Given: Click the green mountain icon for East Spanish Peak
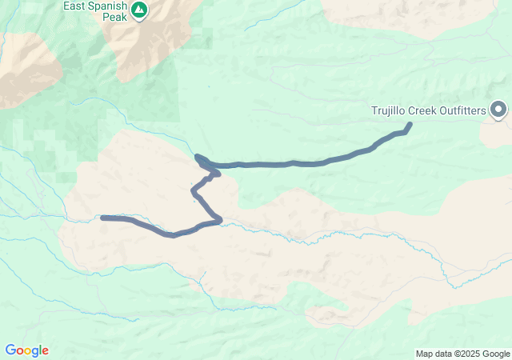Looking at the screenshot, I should (x=139, y=10).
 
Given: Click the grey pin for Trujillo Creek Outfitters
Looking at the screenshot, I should (x=498, y=110).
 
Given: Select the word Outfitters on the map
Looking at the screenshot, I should (x=462, y=110).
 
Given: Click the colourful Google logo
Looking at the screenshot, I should (x=26, y=350).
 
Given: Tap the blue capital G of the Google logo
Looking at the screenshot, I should (x=10, y=350).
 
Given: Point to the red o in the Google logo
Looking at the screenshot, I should (x=19, y=351).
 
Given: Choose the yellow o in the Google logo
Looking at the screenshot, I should (x=27, y=351).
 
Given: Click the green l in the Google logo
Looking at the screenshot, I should (x=41, y=350).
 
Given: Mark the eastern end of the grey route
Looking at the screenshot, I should (x=410, y=125).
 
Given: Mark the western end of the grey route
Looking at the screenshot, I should (x=103, y=217).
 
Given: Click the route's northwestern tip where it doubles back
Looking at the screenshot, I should (x=198, y=157).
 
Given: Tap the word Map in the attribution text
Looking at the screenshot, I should (x=424, y=354).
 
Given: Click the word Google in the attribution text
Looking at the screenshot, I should (x=495, y=354).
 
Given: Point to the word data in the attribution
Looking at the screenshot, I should (x=442, y=354).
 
